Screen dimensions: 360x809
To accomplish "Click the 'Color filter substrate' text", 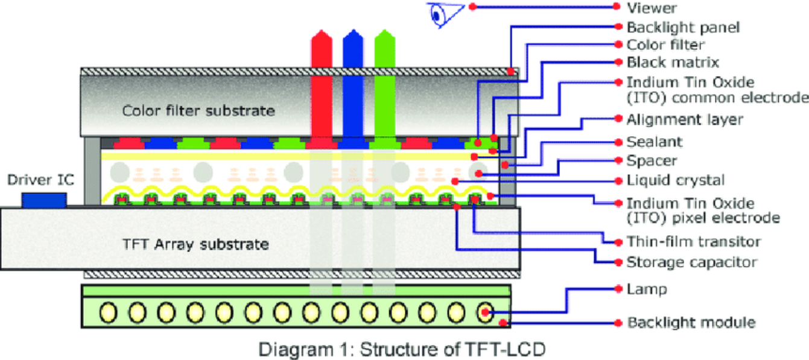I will coord(198,111).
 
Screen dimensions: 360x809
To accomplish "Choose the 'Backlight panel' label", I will coord(683,27).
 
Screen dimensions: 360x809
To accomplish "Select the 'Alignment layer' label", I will coord(685,120).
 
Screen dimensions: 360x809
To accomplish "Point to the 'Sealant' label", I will coord(655,142).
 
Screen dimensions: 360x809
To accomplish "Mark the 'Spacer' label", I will coord(652,161).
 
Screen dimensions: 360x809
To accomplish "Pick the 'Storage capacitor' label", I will coord(692,262).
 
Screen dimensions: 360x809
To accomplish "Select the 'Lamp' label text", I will coord(647,289).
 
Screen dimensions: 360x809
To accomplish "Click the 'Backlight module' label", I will coord(691,322).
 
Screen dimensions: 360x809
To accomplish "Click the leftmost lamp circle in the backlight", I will coord(108,312).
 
